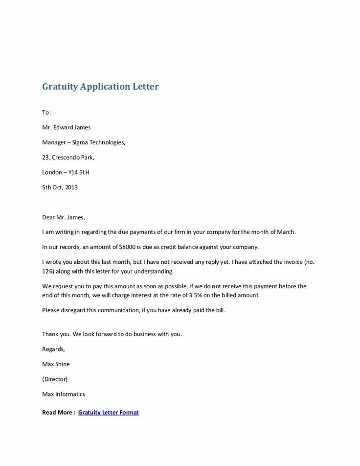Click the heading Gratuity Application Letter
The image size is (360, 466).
[100, 87]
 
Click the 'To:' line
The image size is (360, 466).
[46, 113]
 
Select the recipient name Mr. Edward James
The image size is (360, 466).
[66, 127]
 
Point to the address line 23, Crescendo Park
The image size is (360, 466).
[68, 158]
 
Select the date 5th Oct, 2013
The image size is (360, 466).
[60, 187]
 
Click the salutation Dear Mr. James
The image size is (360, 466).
[64, 217]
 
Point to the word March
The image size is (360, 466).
[286, 232]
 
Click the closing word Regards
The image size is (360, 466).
[53, 349]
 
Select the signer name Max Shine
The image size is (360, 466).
[56, 364]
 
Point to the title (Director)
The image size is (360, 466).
[55, 379]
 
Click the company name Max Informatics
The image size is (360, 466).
[64, 394]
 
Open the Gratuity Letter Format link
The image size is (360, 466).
[108, 413]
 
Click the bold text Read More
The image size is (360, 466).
[58, 413]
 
